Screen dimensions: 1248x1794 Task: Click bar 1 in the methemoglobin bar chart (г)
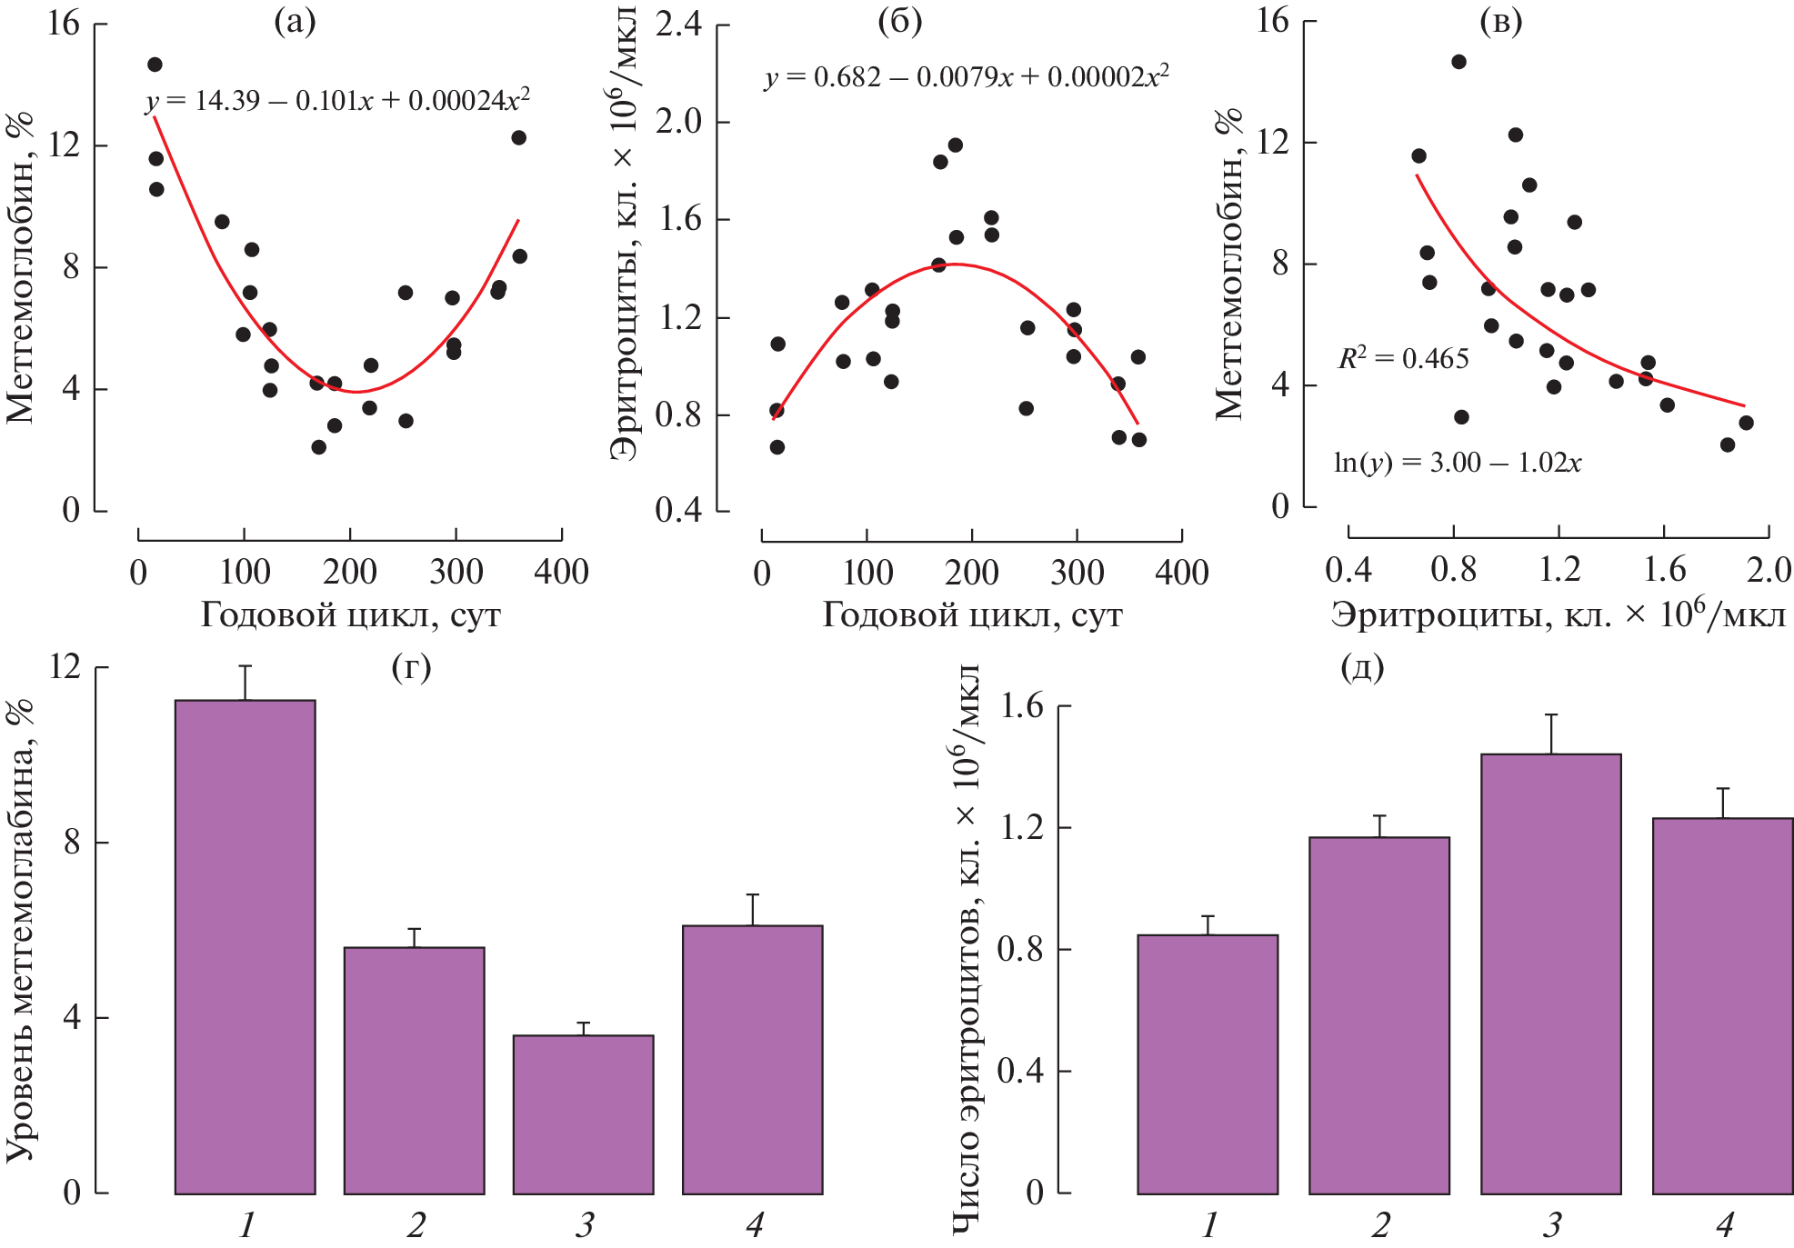pyautogui.click(x=245, y=945)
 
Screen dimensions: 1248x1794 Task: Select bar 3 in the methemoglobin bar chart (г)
pyautogui.click(x=583, y=1113)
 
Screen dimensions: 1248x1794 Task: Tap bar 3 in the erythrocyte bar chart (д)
pyautogui.click(x=1550, y=973)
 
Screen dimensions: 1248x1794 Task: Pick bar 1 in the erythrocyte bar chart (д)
pyautogui.click(x=1208, y=1063)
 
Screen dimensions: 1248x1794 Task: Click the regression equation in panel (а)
pyautogui.click(x=337, y=99)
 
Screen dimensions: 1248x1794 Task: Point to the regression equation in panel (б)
pyautogui.click(x=967, y=76)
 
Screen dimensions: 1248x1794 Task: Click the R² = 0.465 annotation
pyautogui.click(x=1403, y=358)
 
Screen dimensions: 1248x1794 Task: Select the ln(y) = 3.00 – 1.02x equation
pyautogui.click(x=1457, y=463)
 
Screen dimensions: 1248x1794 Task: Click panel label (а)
pyautogui.click(x=295, y=22)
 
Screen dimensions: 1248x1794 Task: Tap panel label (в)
pyautogui.click(x=1500, y=22)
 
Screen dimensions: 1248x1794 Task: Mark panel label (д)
pyautogui.click(x=1362, y=668)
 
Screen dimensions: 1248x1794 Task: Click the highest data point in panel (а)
pyautogui.click(x=155, y=65)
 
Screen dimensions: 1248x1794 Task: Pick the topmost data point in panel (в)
pyautogui.click(x=1458, y=62)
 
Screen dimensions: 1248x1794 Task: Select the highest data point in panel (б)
pyautogui.click(x=955, y=145)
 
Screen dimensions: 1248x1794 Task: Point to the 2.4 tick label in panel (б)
pyautogui.click(x=679, y=25)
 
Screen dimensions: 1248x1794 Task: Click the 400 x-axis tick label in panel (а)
pyautogui.click(x=561, y=573)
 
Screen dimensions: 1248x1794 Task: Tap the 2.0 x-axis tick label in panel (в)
pyautogui.click(x=1769, y=570)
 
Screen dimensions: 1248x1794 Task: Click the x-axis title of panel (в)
pyautogui.click(x=1558, y=616)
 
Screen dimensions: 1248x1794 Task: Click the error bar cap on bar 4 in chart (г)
pyautogui.click(x=753, y=895)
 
